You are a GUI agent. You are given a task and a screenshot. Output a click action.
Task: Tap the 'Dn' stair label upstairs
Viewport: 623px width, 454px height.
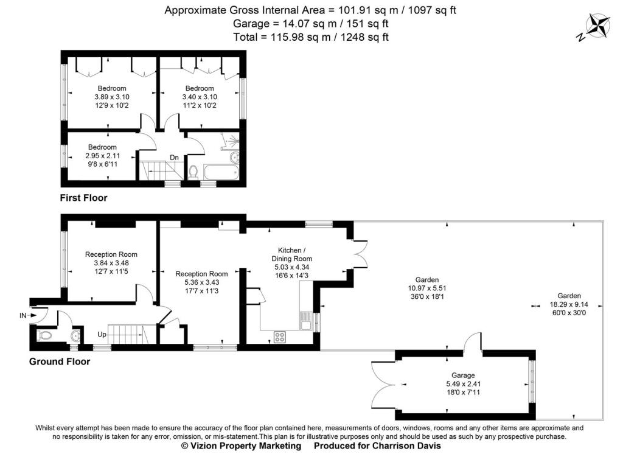tap(174, 158)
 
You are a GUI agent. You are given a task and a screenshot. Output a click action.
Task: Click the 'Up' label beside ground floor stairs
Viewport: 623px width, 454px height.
tap(102, 334)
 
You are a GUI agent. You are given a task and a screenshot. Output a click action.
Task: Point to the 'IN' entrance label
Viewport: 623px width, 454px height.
tap(23, 316)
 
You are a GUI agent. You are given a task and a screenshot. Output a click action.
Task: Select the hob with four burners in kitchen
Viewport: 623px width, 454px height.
tap(279, 337)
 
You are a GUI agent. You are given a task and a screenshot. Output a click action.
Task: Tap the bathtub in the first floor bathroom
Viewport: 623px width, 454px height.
tap(221, 172)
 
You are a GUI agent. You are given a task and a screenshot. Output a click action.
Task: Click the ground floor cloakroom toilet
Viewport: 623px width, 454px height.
tap(43, 335)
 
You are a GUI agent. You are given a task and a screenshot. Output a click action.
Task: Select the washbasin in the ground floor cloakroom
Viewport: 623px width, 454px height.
tap(76, 337)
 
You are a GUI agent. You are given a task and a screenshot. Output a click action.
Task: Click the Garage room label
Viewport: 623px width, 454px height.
tap(463, 375)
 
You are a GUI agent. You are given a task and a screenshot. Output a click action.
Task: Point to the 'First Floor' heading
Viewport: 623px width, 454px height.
tap(83, 198)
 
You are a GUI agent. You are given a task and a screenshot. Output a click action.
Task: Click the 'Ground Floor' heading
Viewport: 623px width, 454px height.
tap(60, 361)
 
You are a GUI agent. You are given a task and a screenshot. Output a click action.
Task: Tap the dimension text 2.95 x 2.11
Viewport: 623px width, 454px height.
tap(102, 156)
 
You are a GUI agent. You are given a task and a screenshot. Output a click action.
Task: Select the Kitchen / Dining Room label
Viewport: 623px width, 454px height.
tap(292, 254)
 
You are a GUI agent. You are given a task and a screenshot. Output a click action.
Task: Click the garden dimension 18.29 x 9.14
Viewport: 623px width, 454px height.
tap(569, 304)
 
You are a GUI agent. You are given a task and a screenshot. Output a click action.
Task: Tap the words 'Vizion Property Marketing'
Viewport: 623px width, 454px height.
tap(246, 445)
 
